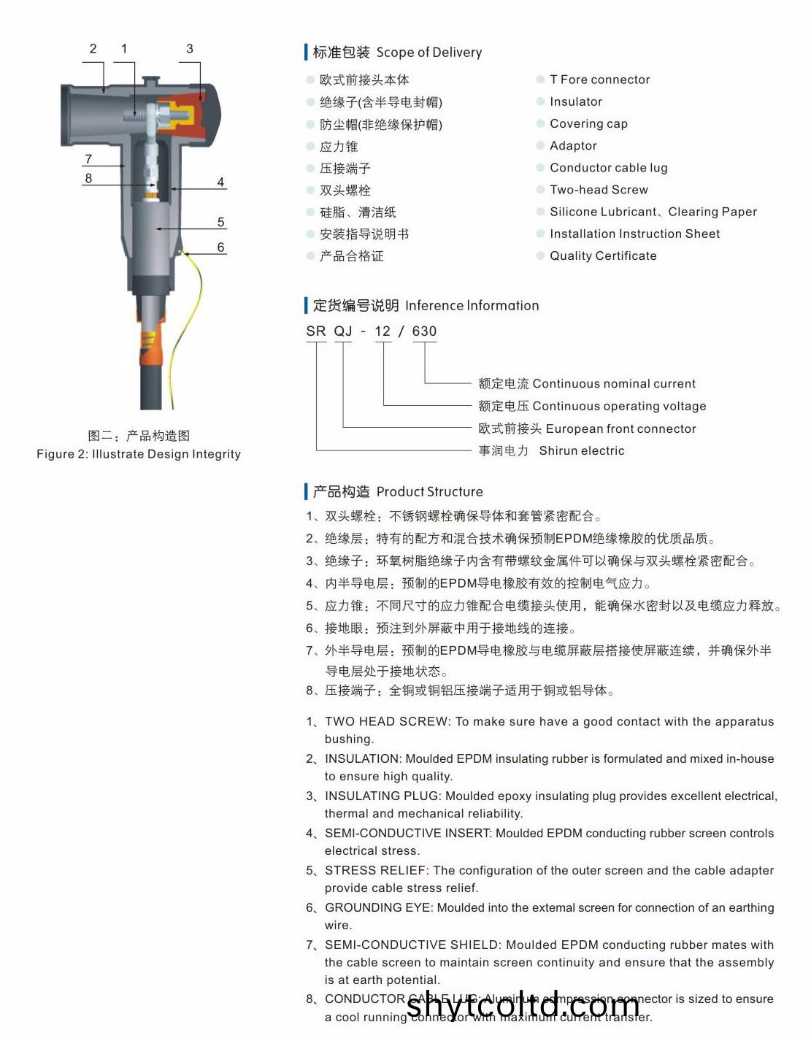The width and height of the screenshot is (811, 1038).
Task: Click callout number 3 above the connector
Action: tap(190, 49)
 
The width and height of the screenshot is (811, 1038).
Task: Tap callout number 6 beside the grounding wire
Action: tap(220, 247)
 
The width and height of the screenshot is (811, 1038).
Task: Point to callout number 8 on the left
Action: tap(88, 178)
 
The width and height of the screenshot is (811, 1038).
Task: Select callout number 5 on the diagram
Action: tap(220, 222)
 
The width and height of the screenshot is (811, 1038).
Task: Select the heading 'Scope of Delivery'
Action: tap(428, 53)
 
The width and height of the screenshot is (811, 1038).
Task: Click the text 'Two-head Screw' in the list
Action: tap(599, 190)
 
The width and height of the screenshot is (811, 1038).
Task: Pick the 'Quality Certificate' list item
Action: tap(603, 255)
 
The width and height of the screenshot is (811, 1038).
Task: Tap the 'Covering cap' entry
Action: tap(588, 124)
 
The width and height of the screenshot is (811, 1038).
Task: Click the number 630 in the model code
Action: tap(424, 331)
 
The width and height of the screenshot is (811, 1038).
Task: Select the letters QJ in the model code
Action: tap(343, 331)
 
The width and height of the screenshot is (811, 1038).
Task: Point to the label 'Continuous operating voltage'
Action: tap(619, 407)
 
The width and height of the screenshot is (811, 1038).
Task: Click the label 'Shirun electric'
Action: tap(581, 451)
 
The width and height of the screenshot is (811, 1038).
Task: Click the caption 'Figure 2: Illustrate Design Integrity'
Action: tap(139, 454)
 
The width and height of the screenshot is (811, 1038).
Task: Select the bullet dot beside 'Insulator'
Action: tap(541, 102)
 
